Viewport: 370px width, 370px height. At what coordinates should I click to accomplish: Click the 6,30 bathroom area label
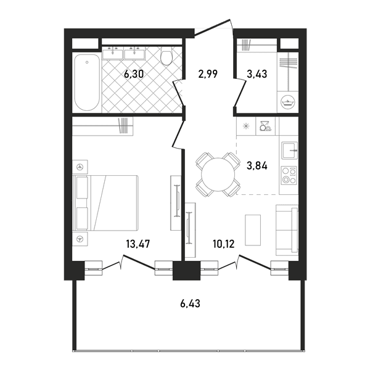pos(134,75)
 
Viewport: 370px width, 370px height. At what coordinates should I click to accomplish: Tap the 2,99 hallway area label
pos(208,74)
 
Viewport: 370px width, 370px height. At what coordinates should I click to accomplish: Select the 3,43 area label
pos(257,74)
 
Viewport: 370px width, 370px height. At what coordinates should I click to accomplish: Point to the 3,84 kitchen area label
pos(257,166)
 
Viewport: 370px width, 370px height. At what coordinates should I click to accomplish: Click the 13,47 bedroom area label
pos(138,244)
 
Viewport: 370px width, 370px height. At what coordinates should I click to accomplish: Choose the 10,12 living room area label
pos(223,244)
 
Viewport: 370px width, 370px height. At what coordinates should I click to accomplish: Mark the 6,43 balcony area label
pos(190,303)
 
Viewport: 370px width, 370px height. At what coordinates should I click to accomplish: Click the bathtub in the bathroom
pos(87,83)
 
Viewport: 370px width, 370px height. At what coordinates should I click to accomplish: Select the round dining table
pos(218,175)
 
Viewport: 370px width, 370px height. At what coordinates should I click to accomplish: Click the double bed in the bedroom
pos(105,203)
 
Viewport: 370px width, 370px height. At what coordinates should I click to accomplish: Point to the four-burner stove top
pos(289,175)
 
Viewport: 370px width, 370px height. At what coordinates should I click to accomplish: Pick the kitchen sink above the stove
pos(290,150)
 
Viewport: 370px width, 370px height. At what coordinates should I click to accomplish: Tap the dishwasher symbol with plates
pos(265,126)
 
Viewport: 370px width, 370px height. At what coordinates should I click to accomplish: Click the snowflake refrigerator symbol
pos(246,126)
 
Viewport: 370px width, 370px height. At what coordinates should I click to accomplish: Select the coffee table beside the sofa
pos(253,230)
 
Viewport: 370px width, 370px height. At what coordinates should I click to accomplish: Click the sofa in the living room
pos(287,230)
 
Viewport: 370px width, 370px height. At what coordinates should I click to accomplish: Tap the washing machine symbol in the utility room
pos(288,102)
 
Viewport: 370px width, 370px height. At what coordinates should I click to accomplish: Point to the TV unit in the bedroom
pos(176,203)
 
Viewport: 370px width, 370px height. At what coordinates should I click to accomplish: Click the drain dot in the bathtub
pos(87,62)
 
